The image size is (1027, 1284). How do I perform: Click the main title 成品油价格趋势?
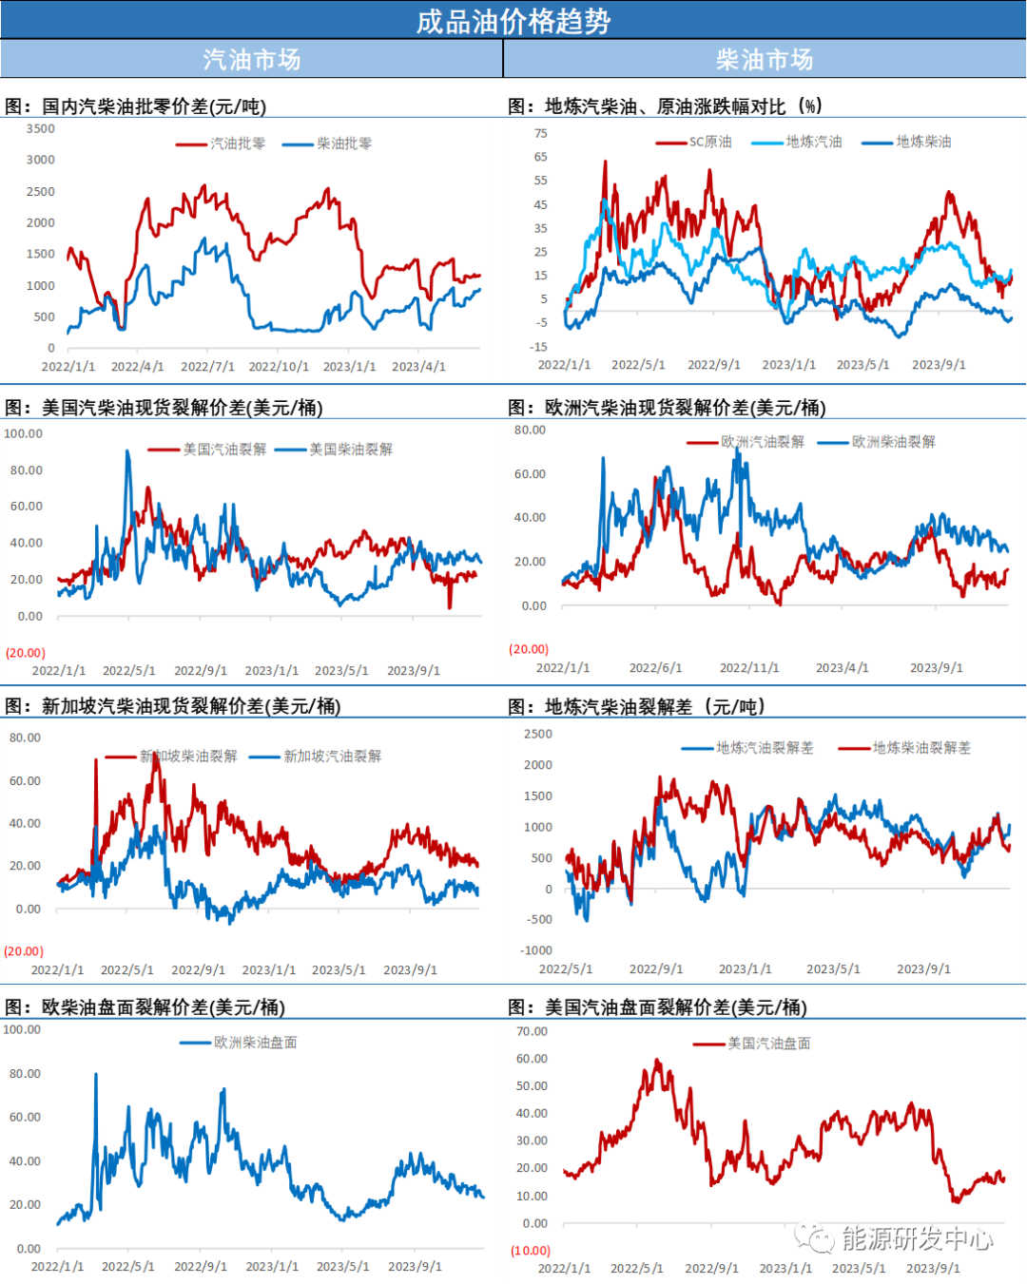[513, 21]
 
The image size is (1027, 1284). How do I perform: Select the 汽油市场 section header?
[251, 60]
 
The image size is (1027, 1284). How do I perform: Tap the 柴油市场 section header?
[765, 60]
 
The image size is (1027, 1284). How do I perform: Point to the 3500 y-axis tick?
[41, 128]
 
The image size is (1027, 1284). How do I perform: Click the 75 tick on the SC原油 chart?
[541, 133]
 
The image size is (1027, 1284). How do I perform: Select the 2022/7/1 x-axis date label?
[207, 367]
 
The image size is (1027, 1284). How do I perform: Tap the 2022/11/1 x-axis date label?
[749, 668]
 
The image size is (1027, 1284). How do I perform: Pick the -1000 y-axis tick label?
[536, 950]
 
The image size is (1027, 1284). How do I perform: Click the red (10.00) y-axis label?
[531, 1251]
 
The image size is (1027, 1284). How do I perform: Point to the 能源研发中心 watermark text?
[917, 1238]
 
